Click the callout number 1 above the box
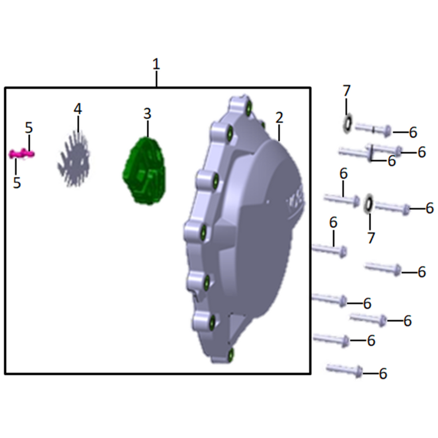pos(156,64)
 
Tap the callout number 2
pos(279,118)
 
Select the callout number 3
pos(147,114)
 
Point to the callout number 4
pos(78,109)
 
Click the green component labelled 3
pos(145,170)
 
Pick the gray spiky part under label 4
pos(73,159)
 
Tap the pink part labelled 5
pos(21,154)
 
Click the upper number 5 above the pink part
pos(29,128)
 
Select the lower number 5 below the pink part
pos(17,182)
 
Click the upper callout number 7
pos(347,91)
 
